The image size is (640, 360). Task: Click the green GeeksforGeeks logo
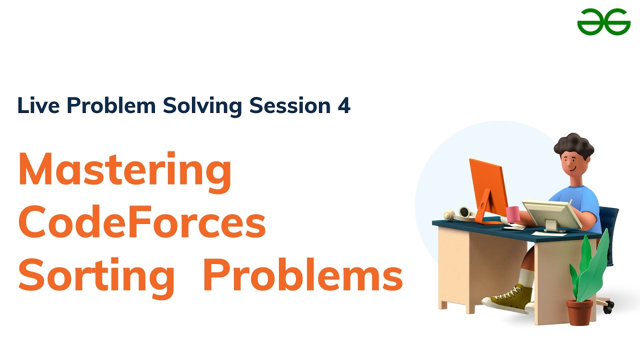(603, 22)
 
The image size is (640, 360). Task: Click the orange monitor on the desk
(487, 185)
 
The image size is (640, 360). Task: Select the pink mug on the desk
(513, 213)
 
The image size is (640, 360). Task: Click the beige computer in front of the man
(547, 212)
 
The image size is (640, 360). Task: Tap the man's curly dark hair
(573, 145)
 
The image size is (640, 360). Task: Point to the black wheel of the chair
(607, 309)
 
